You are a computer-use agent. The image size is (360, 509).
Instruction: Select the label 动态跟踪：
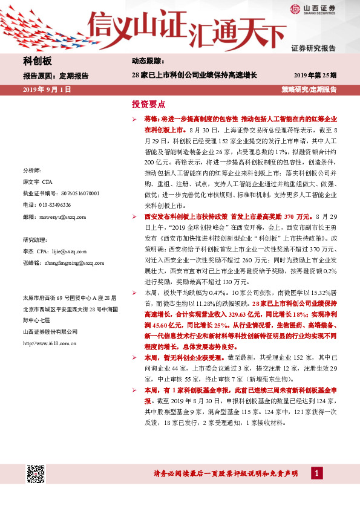[x=148, y=62]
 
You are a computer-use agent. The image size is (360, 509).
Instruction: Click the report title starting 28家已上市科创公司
[x=194, y=76]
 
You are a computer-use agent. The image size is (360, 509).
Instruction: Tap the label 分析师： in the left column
[x=31, y=170]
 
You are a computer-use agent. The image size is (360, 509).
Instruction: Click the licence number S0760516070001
[x=79, y=193]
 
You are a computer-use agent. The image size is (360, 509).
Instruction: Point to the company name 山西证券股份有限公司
[x=50, y=332]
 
